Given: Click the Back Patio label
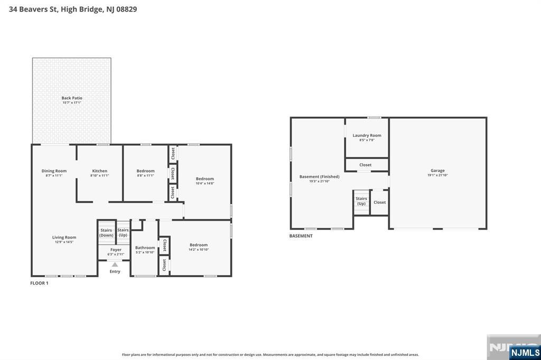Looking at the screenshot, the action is tap(72, 98).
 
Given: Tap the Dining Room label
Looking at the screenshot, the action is tap(54, 170).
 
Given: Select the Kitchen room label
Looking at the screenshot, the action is tap(100, 170).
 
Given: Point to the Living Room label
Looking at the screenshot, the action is tap(64, 237).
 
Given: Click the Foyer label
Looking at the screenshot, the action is tap(116, 250).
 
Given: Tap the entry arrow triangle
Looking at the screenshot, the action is tap(115, 264).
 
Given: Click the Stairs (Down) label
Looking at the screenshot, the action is tap(106, 233).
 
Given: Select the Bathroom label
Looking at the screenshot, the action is tap(145, 248).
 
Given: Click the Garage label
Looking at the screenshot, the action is tap(437, 170).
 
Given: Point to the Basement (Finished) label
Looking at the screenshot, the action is tap(320, 176).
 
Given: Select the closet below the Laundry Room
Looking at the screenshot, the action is tap(366, 165).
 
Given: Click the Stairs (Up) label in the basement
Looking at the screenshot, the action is tap(361, 201).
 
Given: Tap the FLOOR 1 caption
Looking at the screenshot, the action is tap(39, 283).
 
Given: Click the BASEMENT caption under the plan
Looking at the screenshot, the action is tap(301, 236).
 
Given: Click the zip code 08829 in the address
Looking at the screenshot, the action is tap(127, 10).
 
